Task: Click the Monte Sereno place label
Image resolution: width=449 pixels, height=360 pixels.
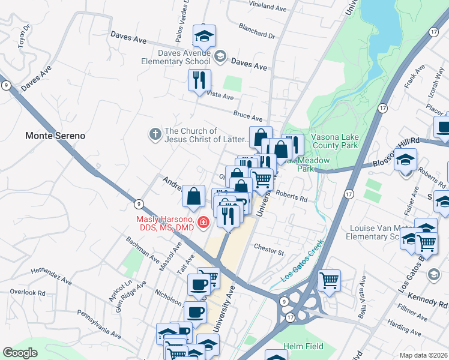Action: coord(55,136)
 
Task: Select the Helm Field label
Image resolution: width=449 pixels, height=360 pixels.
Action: coord(304,346)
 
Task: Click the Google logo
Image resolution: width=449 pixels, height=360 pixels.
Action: coord(20,353)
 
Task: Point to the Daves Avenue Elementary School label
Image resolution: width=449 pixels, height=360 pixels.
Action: coord(176,57)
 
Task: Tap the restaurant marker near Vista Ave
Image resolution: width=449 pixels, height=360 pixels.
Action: coord(199,80)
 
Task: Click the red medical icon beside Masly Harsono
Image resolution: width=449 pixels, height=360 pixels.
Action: coord(203,223)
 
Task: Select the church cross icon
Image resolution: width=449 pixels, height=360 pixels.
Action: coord(155,135)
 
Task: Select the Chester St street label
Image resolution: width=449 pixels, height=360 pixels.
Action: coord(268,247)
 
